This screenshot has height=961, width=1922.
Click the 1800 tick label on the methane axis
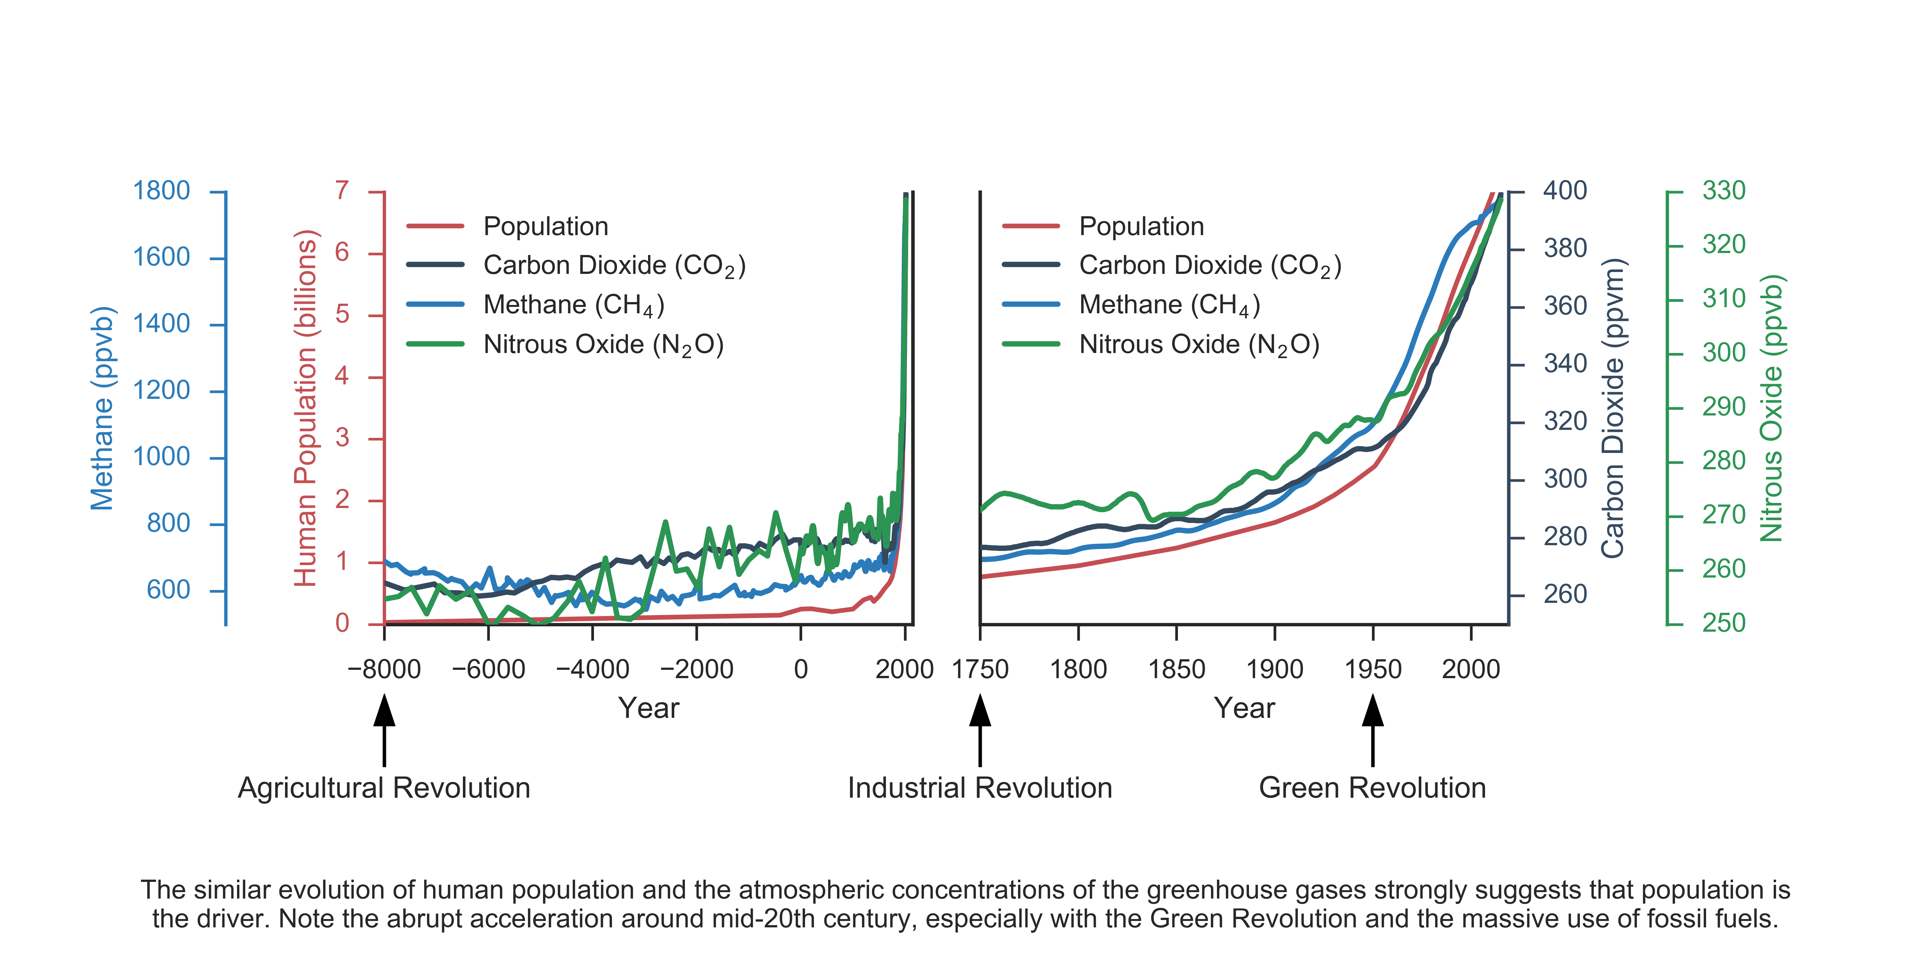point(161,191)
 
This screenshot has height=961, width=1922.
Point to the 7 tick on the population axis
point(342,191)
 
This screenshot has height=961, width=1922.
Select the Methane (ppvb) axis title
point(102,408)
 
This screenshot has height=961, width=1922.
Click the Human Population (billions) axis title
point(306,408)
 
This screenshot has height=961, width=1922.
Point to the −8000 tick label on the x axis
point(384,669)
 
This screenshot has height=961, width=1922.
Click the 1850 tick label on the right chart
point(1177,669)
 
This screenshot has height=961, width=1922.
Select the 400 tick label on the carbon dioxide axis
point(1565,191)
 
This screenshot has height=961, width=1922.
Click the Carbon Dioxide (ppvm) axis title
point(1613,408)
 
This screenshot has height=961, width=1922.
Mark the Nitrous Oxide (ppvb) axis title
point(1771,408)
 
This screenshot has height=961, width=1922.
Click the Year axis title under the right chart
point(1244,708)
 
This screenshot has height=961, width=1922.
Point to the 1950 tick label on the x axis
point(1373,669)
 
